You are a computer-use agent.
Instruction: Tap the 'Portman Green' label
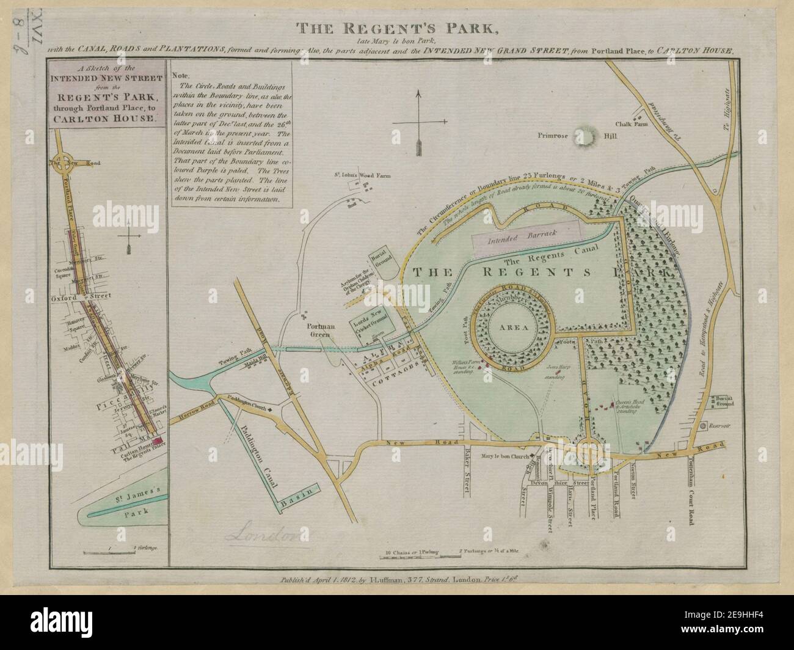tap(321, 330)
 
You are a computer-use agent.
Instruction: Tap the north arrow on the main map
tap(418, 122)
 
